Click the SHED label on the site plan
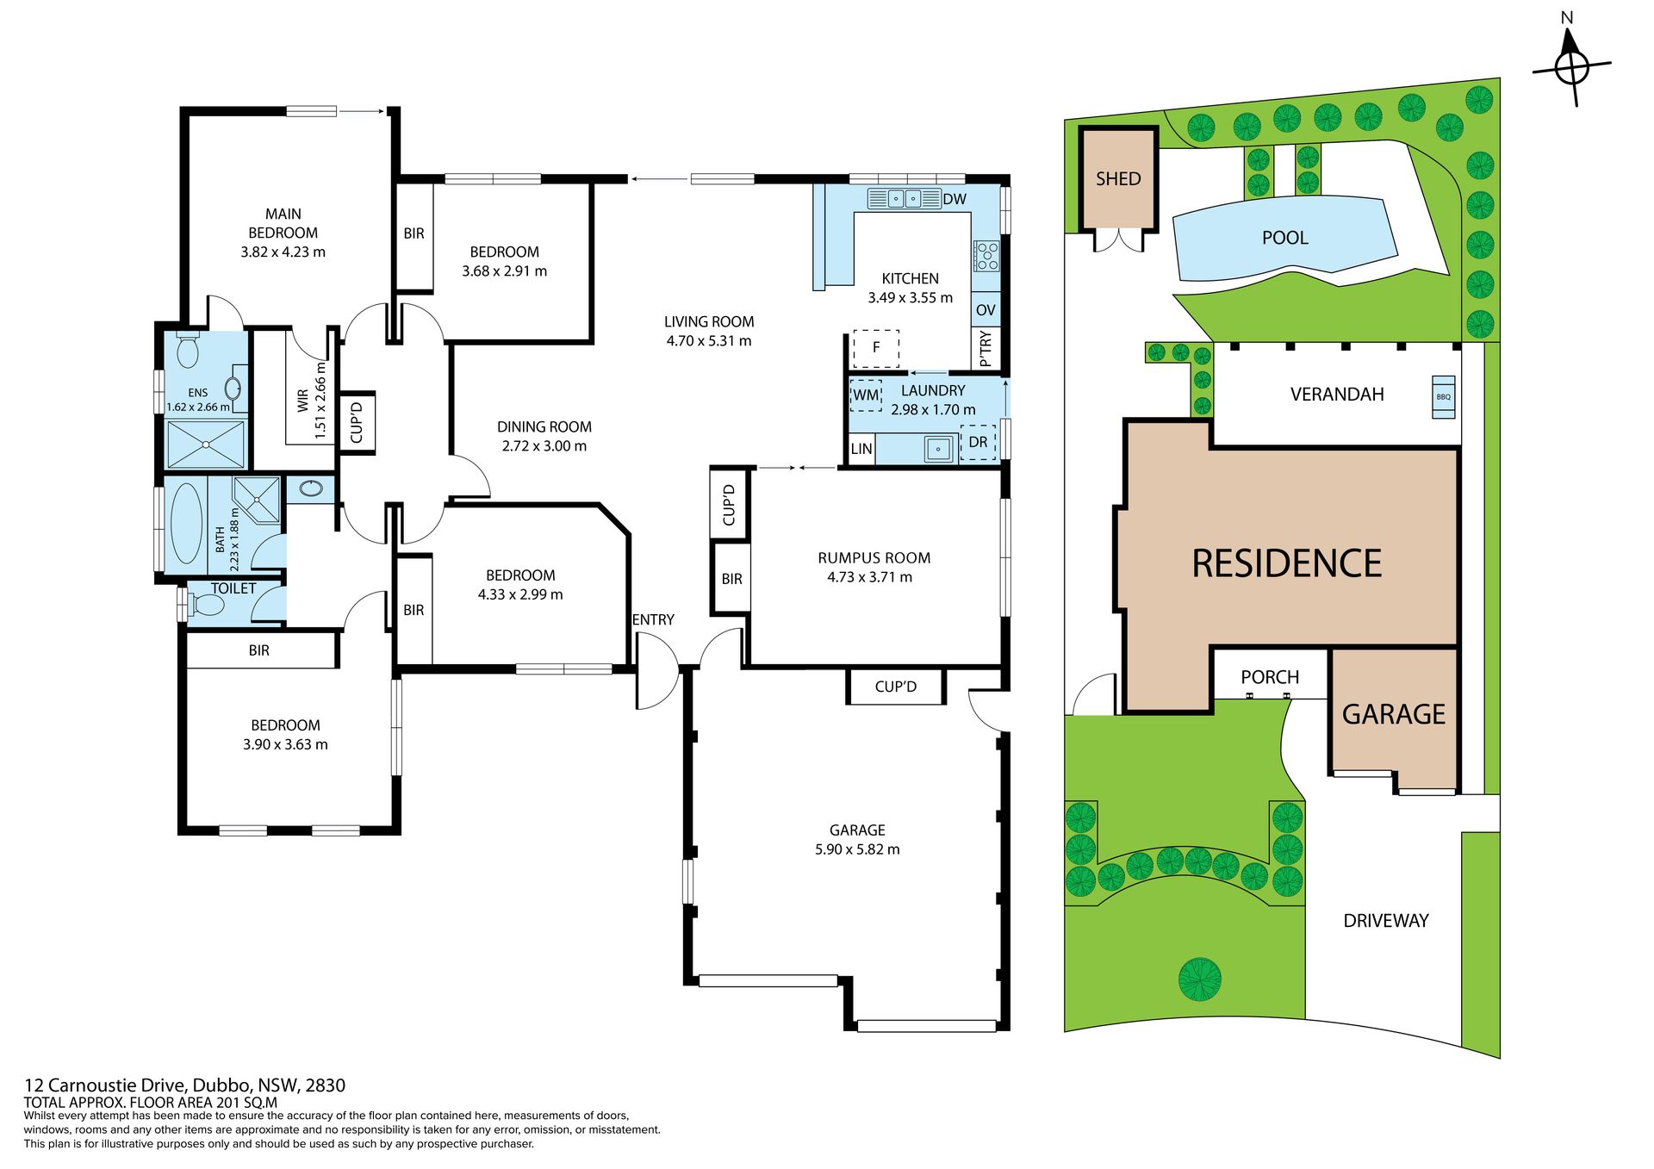click(x=1117, y=179)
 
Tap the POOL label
click(x=1284, y=238)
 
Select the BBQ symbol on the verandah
click(x=1444, y=397)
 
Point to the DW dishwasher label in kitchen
click(x=954, y=199)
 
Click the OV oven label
click(x=986, y=310)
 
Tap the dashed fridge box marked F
click(x=876, y=348)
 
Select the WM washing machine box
click(x=866, y=395)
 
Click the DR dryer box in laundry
click(x=978, y=443)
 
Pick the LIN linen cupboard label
click(x=861, y=449)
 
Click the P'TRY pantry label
click(x=986, y=349)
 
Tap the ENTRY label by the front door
click(x=653, y=619)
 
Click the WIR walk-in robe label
click(x=303, y=401)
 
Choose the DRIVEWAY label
click(x=1386, y=921)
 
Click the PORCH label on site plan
click(x=1270, y=677)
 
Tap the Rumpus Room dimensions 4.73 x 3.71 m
click(x=869, y=577)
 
